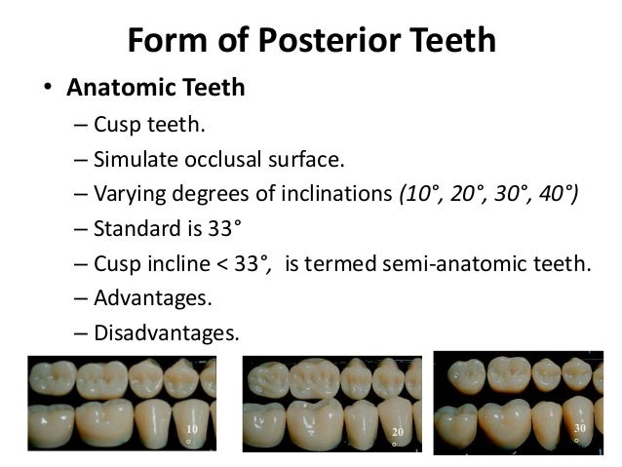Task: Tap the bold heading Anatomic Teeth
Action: click(x=155, y=89)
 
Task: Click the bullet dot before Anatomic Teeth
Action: click(x=45, y=90)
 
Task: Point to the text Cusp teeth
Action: click(x=143, y=125)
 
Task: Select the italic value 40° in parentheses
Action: click(x=554, y=193)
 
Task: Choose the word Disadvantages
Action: click(x=166, y=332)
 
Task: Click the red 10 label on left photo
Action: click(x=191, y=428)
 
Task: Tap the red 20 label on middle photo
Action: click(x=396, y=431)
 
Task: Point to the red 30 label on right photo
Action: click(x=579, y=428)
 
